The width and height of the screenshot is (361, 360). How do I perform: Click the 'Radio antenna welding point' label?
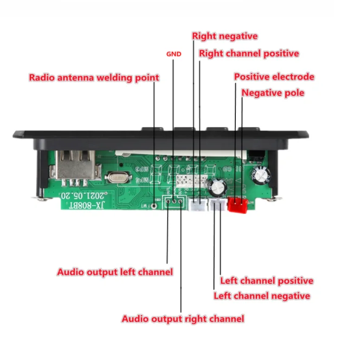click(94, 77)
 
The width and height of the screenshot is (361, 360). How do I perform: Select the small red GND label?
click(173, 55)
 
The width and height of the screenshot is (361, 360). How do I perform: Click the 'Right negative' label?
click(225, 36)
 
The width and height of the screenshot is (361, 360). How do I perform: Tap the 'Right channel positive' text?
click(249, 54)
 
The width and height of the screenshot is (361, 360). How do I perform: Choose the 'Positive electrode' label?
click(274, 77)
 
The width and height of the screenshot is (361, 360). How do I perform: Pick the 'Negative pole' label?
click(273, 93)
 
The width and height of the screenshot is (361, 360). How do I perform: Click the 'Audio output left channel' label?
click(115, 272)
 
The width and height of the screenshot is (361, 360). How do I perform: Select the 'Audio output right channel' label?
click(183, 319)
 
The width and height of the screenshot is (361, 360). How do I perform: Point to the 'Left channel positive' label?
click(266, 281)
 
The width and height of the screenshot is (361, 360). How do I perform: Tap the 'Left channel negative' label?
click(262, 296)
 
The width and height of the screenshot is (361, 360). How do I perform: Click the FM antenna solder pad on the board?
click(155, 205)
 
